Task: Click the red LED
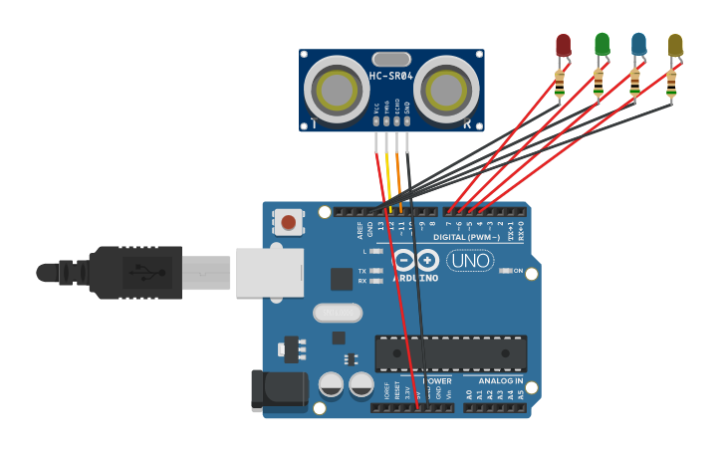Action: (x=563, y=46)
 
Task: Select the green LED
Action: (x=602, y=45)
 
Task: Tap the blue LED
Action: (x=638, y=45)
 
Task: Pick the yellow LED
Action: (x=675, y=46)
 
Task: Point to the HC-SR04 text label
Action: (x=391, y=76)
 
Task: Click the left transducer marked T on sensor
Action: (x=336, y=91)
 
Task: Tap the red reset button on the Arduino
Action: (x=289, y=221)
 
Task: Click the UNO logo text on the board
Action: (x=470, y=261)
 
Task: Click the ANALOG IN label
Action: (x=500, y=380)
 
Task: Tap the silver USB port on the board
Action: (x=269, y=273)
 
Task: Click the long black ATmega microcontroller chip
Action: (x=450, y=352)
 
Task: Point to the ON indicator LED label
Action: (x=518, y=271)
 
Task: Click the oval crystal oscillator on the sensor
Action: (x=391, y=59)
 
